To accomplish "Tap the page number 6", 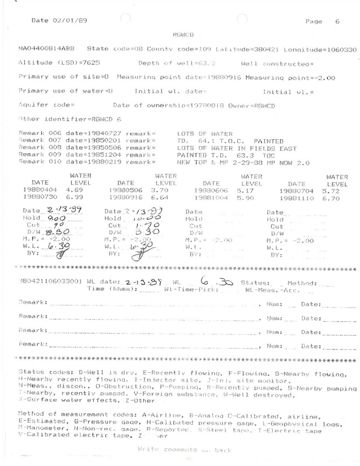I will pos(337,21).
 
